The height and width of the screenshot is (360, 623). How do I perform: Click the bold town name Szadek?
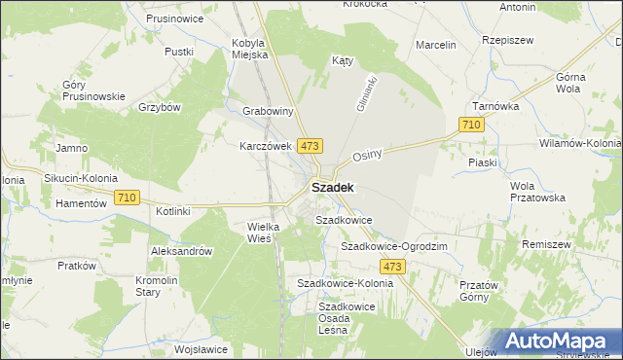click(333, 187)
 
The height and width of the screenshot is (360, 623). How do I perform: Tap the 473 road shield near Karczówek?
click(310, 146)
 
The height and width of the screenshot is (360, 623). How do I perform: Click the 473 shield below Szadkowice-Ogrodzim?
click(392, 267)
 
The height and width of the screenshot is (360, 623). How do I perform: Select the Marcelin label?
click(436, 45)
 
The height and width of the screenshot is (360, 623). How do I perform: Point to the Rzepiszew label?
click(505, 41)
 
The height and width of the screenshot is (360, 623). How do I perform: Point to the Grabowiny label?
click(268, 112)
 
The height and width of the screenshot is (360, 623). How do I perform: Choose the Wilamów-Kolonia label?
click(580, 143)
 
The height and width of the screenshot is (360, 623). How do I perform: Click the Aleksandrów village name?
click(181, 251)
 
